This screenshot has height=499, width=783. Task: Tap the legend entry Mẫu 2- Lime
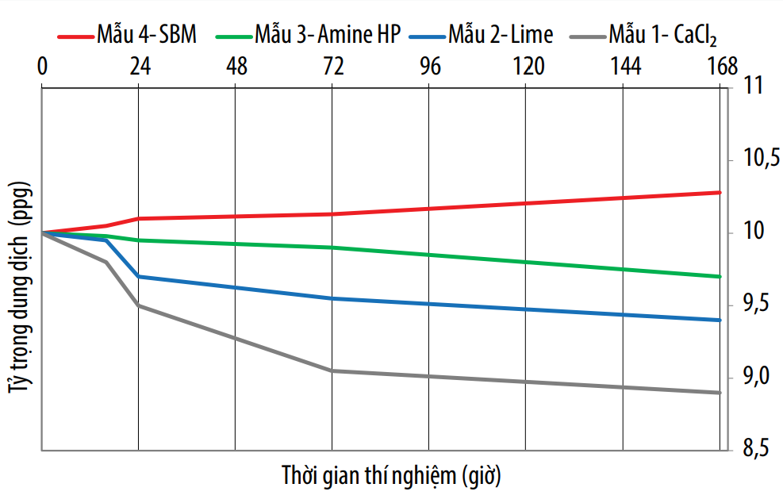point(500,34)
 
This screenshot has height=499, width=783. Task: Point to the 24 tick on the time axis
point(140,67)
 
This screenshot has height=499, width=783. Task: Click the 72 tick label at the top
point(332,67)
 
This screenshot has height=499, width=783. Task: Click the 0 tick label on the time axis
point(42,67)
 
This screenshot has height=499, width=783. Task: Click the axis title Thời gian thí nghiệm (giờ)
point(391,477)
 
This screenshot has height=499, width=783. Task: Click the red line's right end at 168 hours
point(720,192)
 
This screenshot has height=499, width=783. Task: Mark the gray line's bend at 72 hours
point(332,370)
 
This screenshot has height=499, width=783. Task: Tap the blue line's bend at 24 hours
point(139,276)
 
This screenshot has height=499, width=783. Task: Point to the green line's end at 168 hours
point(720,276)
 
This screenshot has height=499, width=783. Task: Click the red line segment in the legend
point(73,36)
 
